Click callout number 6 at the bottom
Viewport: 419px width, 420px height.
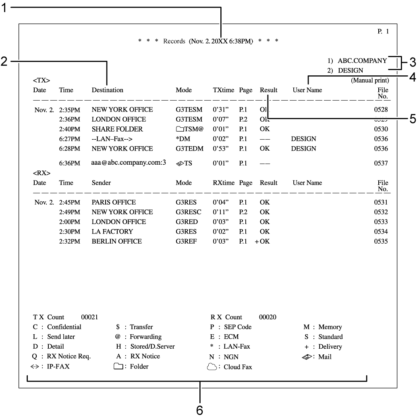click(x=199, y=410)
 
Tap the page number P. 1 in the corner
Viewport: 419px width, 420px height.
click(x=383, y=31)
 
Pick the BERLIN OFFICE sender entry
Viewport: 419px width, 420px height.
click(x=116, y=241)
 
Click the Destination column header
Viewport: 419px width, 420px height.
click(x=107, y=90)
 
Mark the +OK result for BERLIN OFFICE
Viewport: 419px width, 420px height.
click(x=262, y=241)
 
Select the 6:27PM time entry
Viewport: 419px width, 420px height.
click(x=69, y=139)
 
